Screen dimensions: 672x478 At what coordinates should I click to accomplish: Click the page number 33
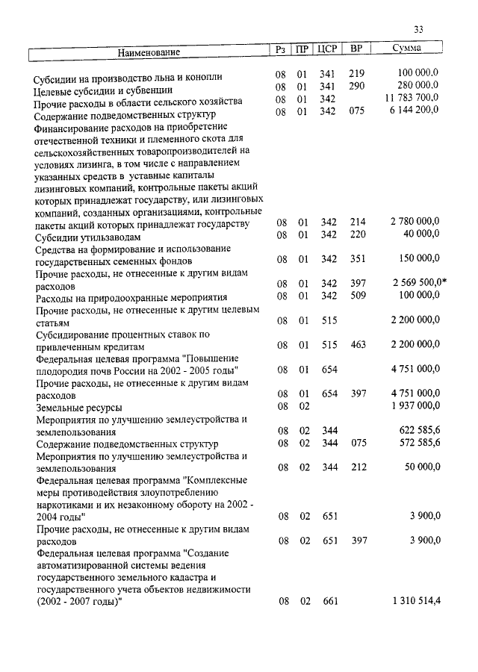point(418,29)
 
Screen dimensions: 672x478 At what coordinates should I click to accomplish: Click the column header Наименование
point(149,52)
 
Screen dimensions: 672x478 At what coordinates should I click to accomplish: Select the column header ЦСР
point(328,50)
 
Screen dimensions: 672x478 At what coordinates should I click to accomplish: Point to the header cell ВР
point(356,49)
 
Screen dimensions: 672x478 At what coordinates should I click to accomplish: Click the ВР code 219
point(356,75)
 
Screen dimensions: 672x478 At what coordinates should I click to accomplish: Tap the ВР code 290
point(356,87)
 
